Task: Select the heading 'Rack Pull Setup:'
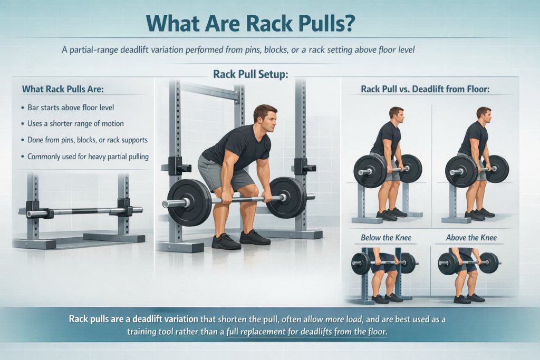click(x=250, y=74)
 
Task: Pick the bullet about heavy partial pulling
click(x=84, y=156)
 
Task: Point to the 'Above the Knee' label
click(x=471, y=238)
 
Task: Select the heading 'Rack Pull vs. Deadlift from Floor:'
click(x=425, y=89)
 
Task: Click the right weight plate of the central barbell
click(x=287, y=197)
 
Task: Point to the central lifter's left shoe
click(x=226, y=241)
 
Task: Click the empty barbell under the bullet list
click(x=84, y=211)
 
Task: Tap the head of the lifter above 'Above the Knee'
click(x=483, y=114)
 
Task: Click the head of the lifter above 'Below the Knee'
click(x=396, y=114)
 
